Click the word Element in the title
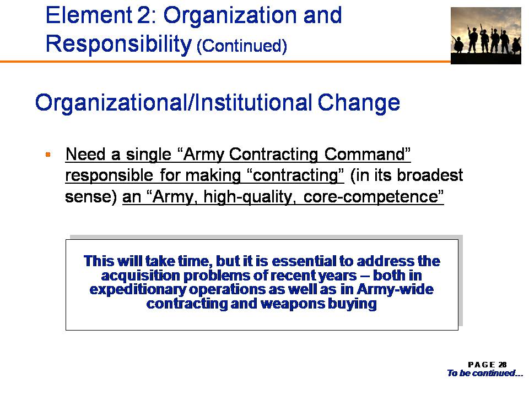(88, 15)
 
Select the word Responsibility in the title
(118, 44)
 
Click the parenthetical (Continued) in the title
(241, 46)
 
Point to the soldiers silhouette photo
(486, 36)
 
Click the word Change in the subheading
(359, 103)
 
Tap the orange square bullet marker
(48, 155)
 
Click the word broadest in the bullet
(430, 175)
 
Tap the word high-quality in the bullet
(250, 197)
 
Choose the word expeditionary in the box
(138, 290)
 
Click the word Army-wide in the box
(395, 289)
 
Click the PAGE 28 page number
(487, 365)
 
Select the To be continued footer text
(485, 373)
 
